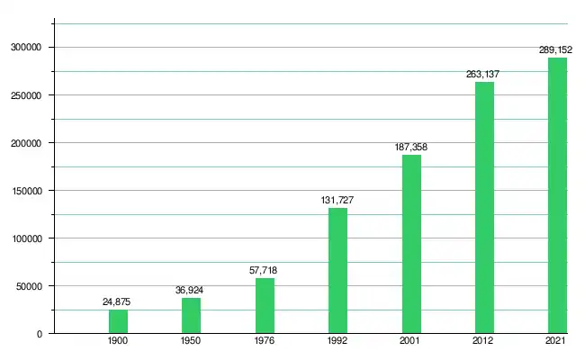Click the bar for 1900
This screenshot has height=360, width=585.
pyautogui.click(x=118, y=321)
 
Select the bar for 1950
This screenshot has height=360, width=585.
pyautogui.click(x=192, y=316)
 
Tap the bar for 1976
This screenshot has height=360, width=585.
pyautogui.click(x=265, y=306)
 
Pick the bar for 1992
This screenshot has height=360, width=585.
pyautogui.click(x=337, y=271)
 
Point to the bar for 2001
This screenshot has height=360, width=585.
pyautogui.click(x=411, y=244)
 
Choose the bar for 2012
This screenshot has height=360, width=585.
pyautogui.click(x=484, y=208)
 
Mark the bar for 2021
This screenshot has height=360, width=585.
pyautogui.click(x=557, y=195)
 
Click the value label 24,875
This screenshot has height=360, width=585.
pyautogui.click(x=118, y=302)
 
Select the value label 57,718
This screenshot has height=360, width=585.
pyautogui.click(x=265, y=271)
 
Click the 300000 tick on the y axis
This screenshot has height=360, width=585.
pyautogui.click(x=27, y=47)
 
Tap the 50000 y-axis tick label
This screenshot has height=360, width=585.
pyautogui.click(x=30, y=286)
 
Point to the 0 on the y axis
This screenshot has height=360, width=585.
pyautogui.click(x=40, y=334)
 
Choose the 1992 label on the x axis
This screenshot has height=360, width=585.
pyautogui.click(x=337, y=343)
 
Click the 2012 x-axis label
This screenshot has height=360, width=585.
pyautogui.click(x=484, y=343)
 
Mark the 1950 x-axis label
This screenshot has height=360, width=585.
pyautogui.click(x=192, y=343)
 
